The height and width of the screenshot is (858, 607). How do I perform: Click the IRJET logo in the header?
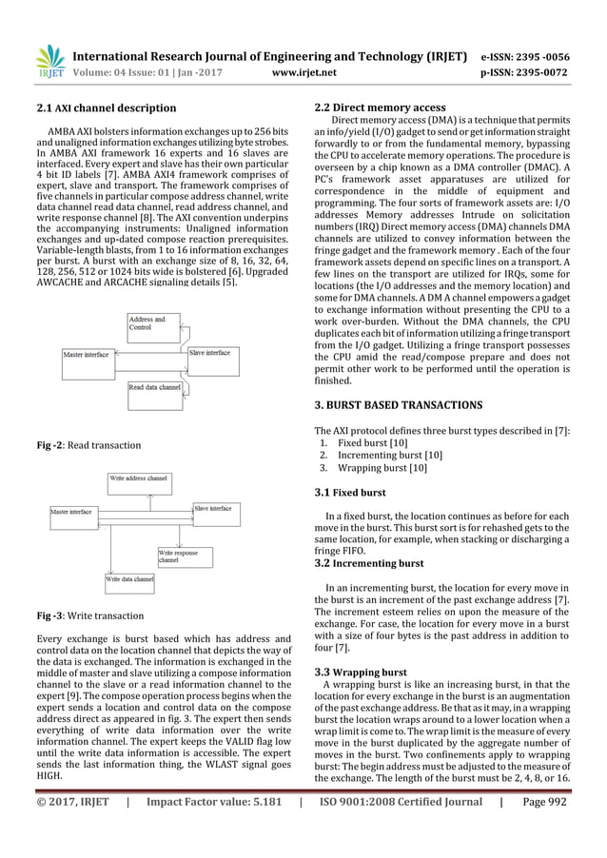49,61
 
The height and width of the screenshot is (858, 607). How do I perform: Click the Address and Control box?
150,323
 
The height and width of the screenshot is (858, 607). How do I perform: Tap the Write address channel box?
138,478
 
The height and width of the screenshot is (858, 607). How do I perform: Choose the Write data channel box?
129,578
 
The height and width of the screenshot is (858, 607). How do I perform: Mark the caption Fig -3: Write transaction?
88,615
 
